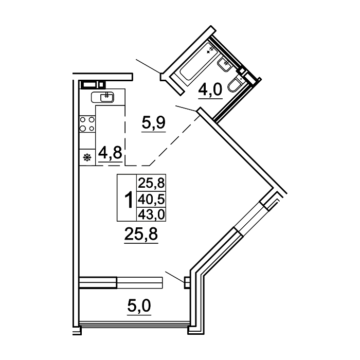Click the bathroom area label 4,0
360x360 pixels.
coord(210,90)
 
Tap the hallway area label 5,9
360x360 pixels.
coord(153,123)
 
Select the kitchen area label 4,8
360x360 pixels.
coord(110,153)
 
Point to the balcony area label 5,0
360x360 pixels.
coord(139,306)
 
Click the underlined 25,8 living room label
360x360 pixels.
coord(141,234)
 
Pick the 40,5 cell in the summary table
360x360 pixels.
coord(151,200)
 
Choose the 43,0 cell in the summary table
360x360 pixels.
coord(151,214)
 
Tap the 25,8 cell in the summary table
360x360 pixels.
coord(151,183)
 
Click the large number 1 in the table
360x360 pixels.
coord(129,200)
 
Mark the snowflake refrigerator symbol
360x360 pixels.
coord(87,157)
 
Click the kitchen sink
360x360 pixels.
coord(102,97)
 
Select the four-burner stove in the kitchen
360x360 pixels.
coord(87,124)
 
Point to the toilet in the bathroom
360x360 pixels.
coord(235,84)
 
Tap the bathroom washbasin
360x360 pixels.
coord(225,64)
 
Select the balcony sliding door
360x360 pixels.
coord(121,283)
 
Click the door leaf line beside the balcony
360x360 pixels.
coord(175,277)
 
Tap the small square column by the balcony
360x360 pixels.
coord(187,283)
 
